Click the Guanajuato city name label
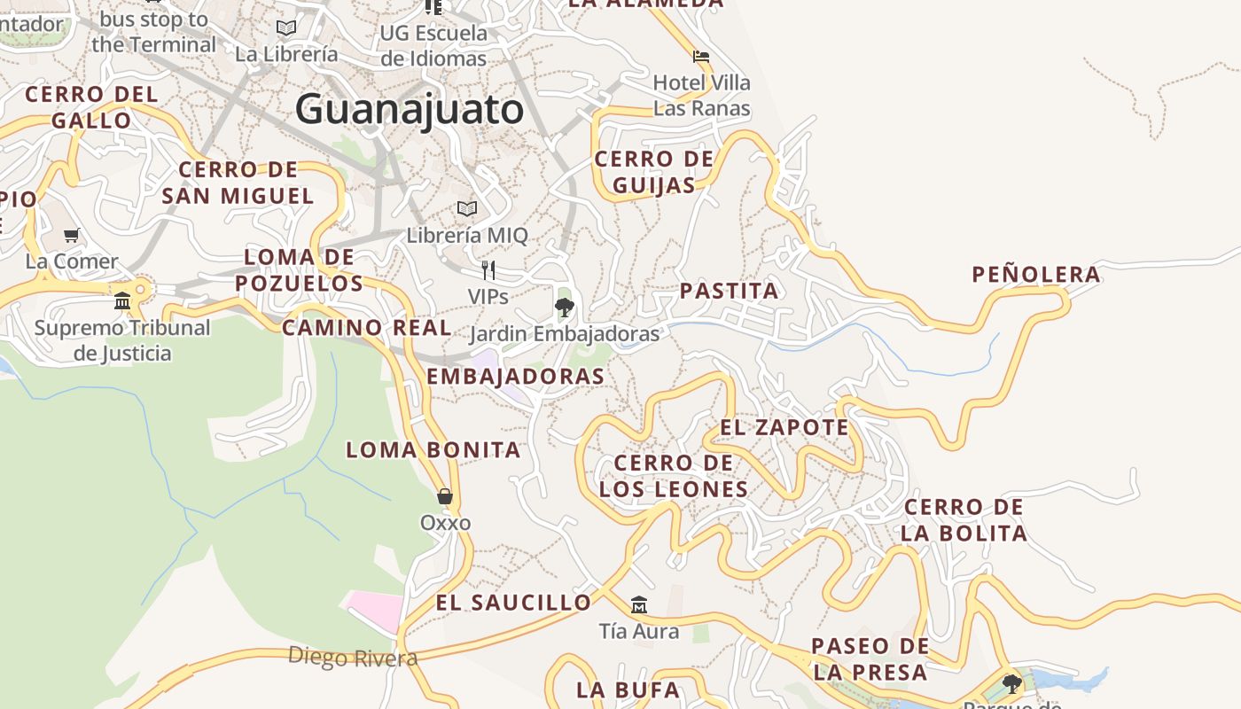click(x=410, y=110)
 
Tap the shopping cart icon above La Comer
click(x=72, y=236)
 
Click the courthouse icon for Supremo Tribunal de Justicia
click(x=122, y=301)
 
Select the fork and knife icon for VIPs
click(x=488, y=270)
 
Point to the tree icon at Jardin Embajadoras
click(x=564, y=308)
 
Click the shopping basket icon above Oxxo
click(x=445, y=496)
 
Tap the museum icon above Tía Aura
click(x=638, y=605)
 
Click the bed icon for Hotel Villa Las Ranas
click(x=701, y=56)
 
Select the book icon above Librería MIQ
click(x=467, y=209)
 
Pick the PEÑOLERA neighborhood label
click(x=1036, y=275)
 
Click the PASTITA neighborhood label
click(x=729, y=291)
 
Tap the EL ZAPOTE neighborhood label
click(x=784, y=427)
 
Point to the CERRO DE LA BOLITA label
click(x=964, y=520)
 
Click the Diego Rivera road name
click(x=353, y=658)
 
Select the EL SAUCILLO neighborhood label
click(x=513, y=603)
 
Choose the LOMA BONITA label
click(x=433, y=449)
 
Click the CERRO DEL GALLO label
click(x=90, y=107)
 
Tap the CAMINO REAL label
click(x=367, y=327)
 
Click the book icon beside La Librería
click(x=286, y=28)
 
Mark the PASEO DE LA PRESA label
click(x=870, y=658)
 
